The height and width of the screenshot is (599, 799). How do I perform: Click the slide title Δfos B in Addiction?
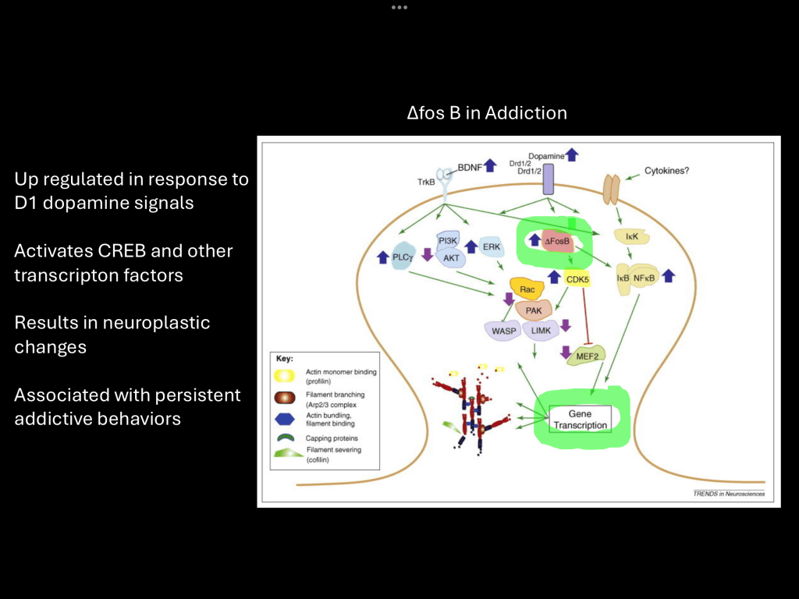[x=487, y=113]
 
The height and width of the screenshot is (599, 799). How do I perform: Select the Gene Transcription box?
[x=579, y=419]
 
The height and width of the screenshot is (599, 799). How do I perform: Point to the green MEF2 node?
[x=590, y=356]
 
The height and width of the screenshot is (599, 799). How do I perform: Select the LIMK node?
[x=540, y=331]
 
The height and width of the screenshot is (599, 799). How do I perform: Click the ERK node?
[x=490, y=246]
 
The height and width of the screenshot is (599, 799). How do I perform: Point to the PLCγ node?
[x=403, y=257]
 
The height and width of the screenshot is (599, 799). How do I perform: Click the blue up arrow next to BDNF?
[x=490, y=165]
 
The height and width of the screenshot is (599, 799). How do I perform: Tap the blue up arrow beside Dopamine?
[x=572, y=154]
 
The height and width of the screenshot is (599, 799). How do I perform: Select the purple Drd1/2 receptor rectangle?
[x=548, y=179]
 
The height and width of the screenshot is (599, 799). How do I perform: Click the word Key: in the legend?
[x=285, y=360]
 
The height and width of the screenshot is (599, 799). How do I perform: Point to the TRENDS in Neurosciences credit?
[x=729, y=494]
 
